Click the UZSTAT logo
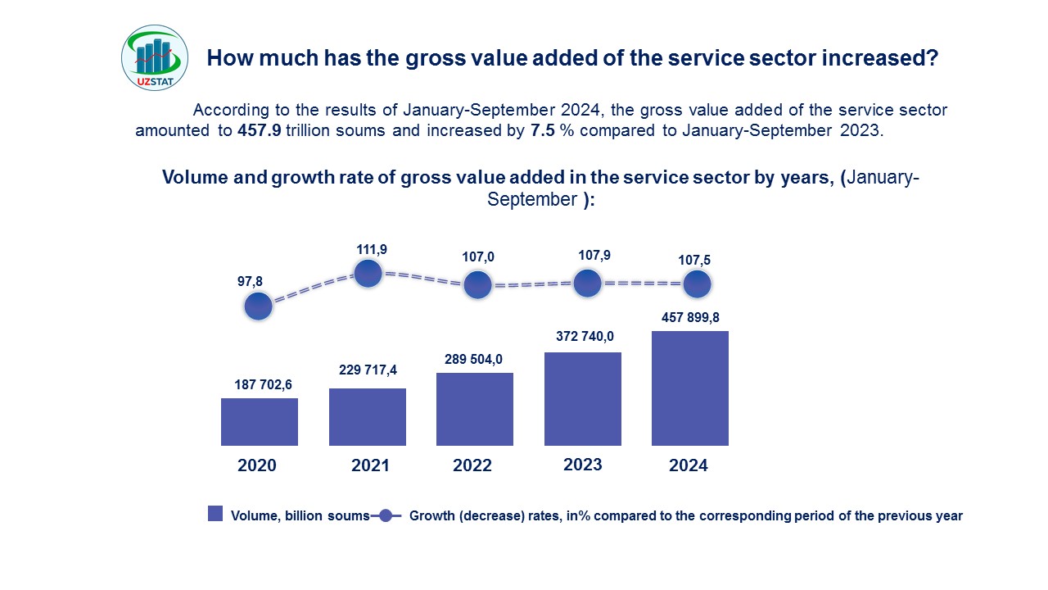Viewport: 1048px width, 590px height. coord(155,57)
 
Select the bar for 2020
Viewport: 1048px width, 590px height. coord(260,422)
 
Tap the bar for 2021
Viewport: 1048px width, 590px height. coord(368,417)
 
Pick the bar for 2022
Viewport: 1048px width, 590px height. coord(475,409)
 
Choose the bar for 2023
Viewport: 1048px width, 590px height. coord(583,399)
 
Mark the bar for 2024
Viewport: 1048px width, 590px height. coord(690,388)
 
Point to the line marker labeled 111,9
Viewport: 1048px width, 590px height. coord(368,273)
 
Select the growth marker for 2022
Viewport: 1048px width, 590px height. coord(477,285)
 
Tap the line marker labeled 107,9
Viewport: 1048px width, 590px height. coord(588,284)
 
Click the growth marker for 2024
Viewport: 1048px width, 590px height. coord(697,284)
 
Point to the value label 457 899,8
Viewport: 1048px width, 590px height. coord(689,316)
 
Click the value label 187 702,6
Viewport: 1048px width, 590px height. coord(260,383)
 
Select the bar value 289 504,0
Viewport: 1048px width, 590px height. coord(475,358)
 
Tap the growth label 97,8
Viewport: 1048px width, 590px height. coord(251,281)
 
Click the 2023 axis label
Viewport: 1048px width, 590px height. coord(583,465)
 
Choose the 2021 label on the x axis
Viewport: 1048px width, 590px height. coord(370,465)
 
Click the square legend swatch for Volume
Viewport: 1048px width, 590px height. coord(215,514)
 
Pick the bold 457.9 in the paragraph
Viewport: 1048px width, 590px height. coord(260,130)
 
